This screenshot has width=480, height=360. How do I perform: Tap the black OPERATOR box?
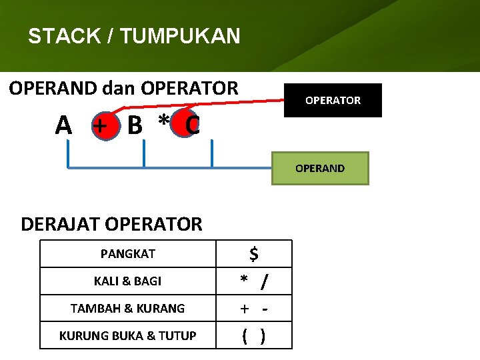click(333, 100)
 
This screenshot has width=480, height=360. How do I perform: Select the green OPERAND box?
click(320, 168)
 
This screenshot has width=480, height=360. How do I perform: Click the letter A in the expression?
click(63, 125)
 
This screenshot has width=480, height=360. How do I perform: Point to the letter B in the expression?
click(134, 125)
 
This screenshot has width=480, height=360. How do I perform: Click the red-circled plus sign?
click(100, 125)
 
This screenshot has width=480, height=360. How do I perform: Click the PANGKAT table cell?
click(128, 253)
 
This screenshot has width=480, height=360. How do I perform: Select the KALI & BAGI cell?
click(128, 281)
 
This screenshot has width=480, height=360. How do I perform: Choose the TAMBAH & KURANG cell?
click(128, 309)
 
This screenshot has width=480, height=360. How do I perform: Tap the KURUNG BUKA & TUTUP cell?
click(128, 336)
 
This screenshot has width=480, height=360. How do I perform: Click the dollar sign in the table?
click(254, 253)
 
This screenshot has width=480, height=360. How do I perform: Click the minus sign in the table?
click(265, 309)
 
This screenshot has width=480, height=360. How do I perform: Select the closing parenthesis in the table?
click(263, 337)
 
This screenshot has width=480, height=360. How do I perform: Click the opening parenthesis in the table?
click(245, 337)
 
